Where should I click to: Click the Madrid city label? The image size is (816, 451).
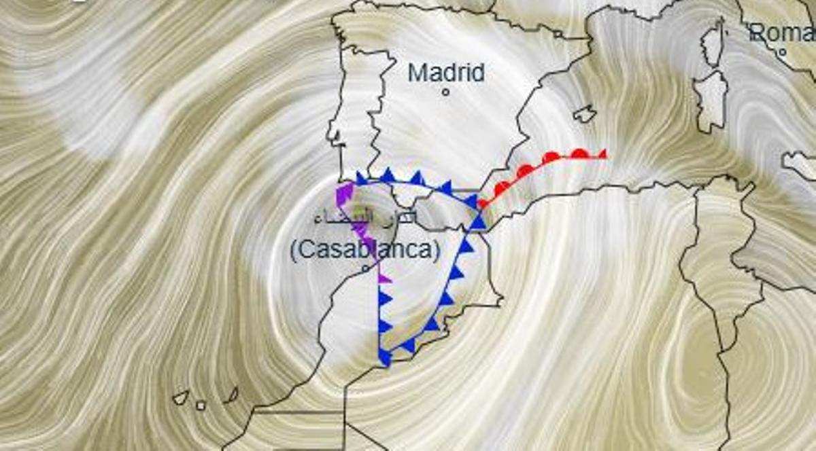446,73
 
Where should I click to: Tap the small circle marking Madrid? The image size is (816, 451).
445,92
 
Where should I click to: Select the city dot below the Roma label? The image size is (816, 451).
783,52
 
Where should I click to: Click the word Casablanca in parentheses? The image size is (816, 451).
364,250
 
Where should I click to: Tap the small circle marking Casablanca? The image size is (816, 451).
365,269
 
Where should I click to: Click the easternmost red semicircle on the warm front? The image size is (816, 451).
579,154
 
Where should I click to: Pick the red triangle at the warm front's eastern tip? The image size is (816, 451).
602,154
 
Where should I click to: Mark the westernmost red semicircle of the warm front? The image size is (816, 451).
483,202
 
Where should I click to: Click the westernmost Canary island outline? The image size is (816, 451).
180,397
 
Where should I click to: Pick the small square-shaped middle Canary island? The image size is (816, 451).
201,405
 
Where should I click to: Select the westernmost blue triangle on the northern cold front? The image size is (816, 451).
362,179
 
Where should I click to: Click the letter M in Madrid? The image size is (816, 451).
416,73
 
